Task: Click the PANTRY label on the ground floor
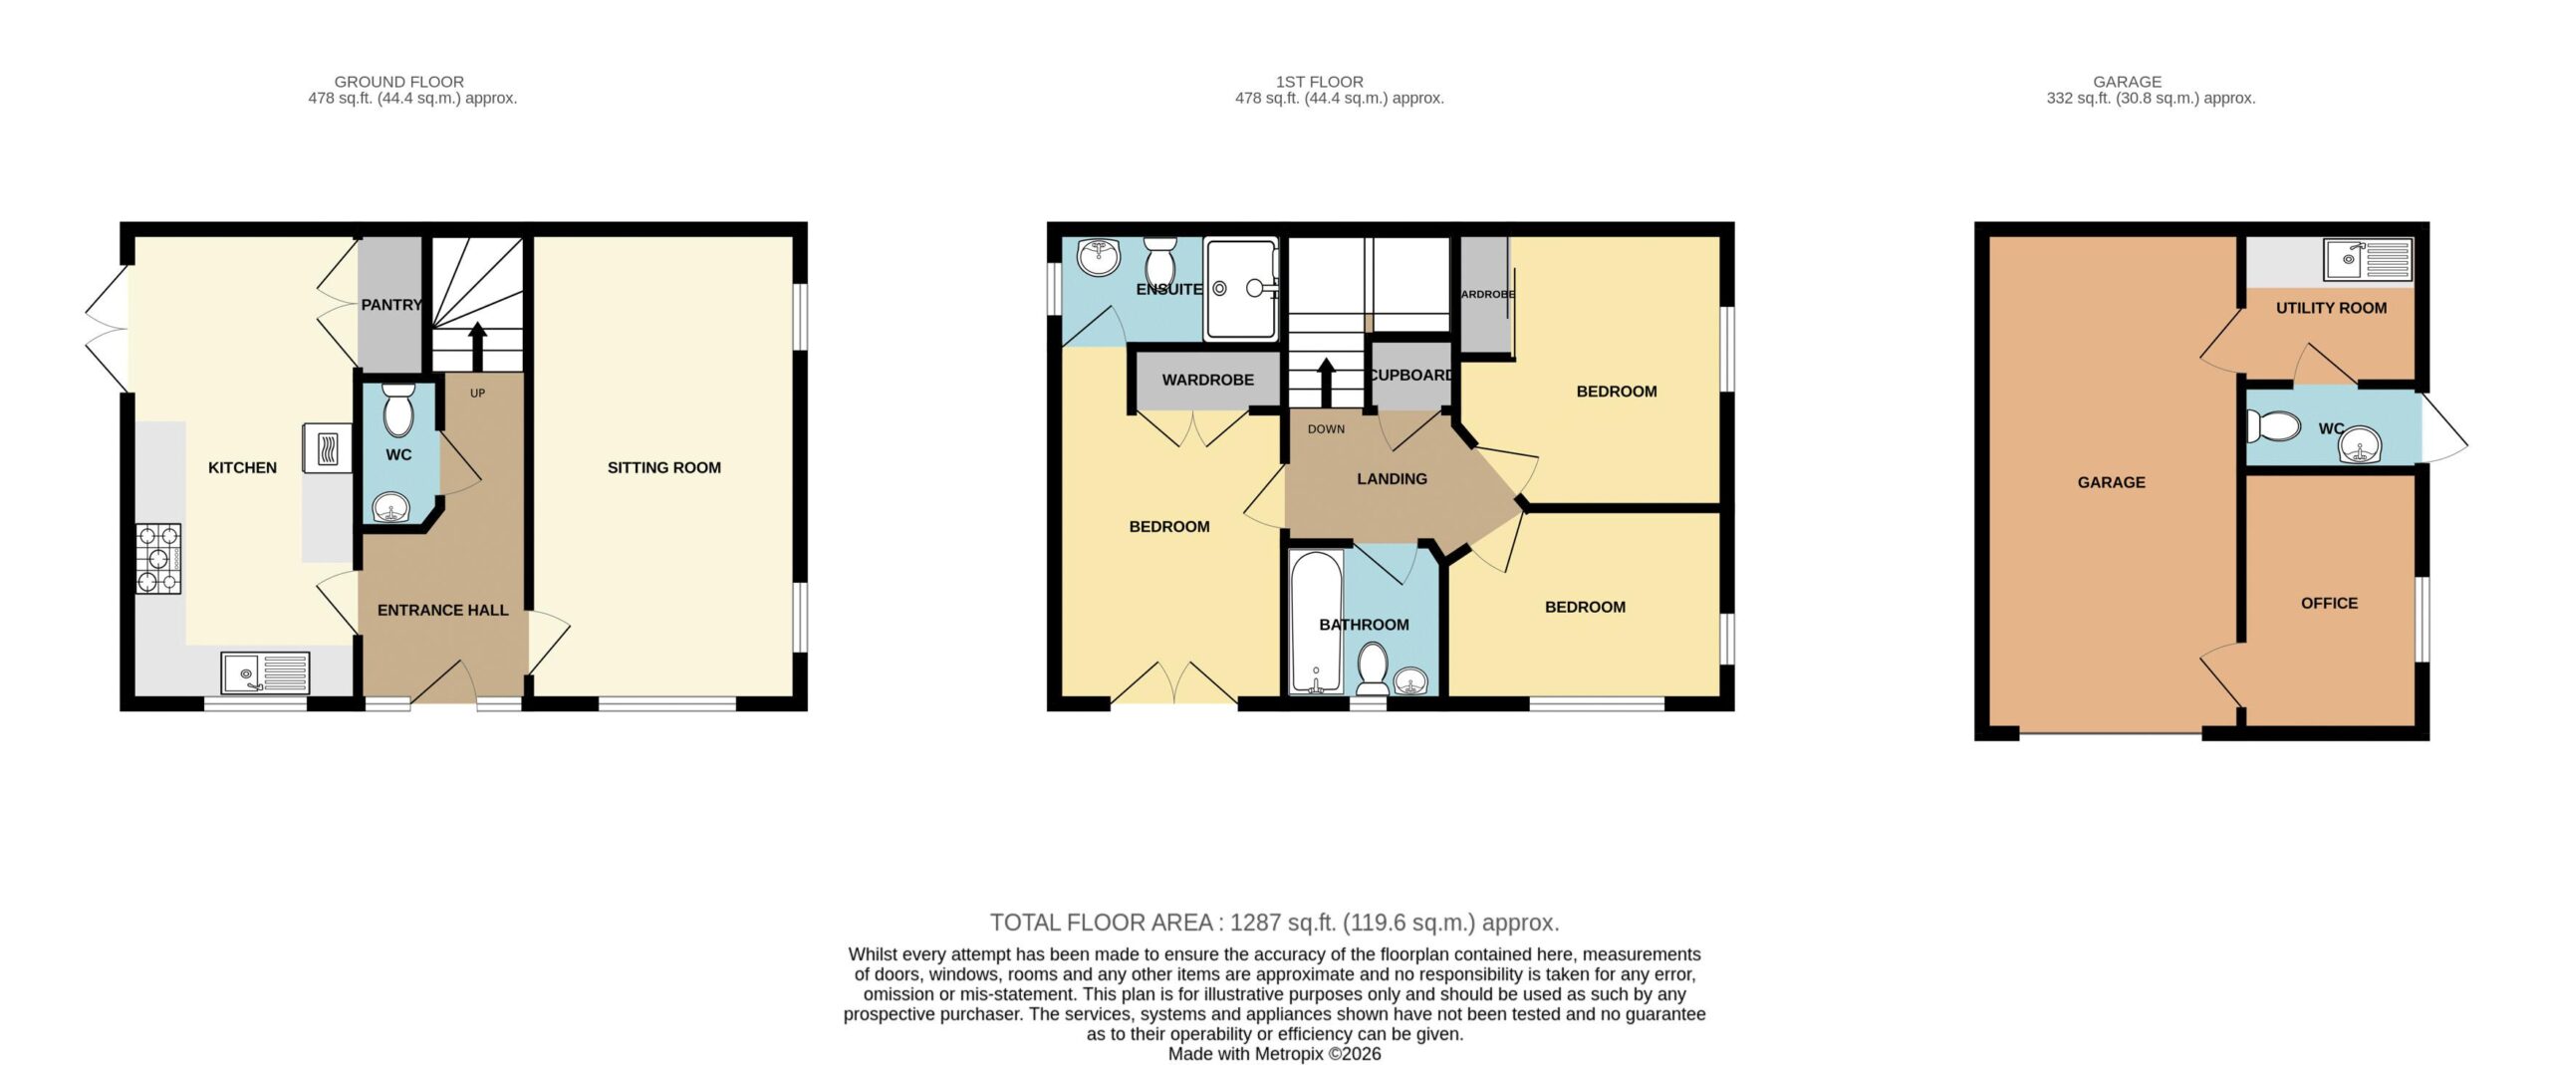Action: [x=391, y=305]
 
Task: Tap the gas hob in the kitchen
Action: [x=159, y=559]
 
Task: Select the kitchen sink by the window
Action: [x=265, y=672]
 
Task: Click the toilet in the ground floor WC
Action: [x=398, y=409]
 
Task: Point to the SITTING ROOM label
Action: [x=664, y=467]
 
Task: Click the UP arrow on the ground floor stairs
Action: [x=477, y=346]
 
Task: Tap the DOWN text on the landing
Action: [x=1326, y=429]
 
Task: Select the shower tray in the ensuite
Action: [x=1240, y=288]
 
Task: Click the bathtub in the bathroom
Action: [x=1316, y=623]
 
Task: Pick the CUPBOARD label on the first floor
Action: [x=1411, y=376]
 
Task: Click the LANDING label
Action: [x=1392, y=479]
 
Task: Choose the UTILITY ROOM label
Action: [x=2331, y=309]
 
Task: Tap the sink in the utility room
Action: [x=2368, y=259]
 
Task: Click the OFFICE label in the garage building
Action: [x=2329, y=604]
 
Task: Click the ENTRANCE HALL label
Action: [x=443, y=610]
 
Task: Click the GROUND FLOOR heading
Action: [x=399, y=82]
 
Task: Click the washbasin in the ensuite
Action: [x=1100, y=258]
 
